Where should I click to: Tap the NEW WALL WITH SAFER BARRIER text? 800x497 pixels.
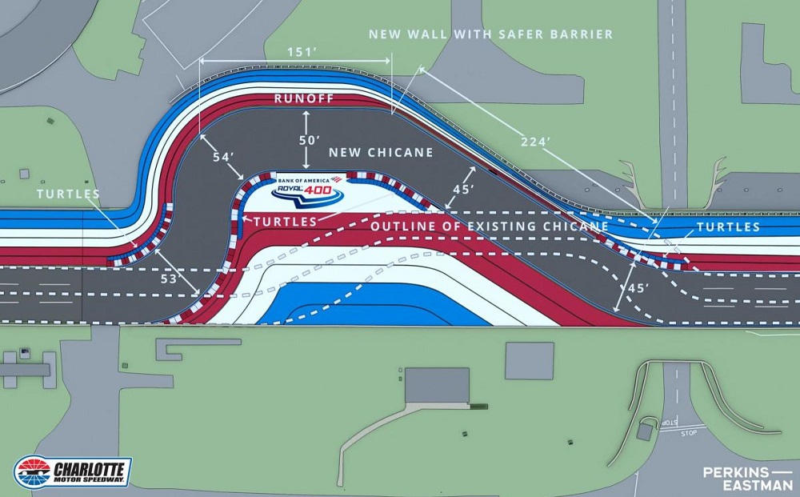pyautogui.click(x=490, y=34)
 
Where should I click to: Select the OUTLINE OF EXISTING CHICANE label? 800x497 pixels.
pyautogui.click(x=490, y=226)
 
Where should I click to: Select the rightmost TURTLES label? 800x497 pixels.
pyautogui.click(x=728, y=227)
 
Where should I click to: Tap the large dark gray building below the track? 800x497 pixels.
pyautogui.click(x=437, y=386)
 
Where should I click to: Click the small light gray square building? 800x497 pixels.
pyautogui.click(x=529, y=360)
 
